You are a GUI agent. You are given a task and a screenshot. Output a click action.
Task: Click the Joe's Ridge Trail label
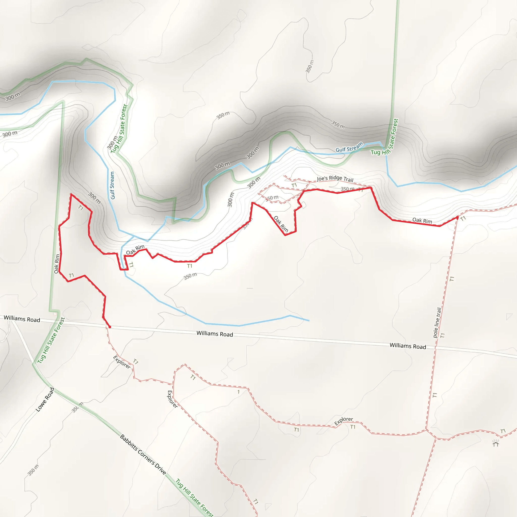tap(335, 178)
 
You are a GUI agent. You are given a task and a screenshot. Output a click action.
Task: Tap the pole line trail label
tap(437, 322)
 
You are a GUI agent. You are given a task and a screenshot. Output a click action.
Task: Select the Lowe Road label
tap(45, 399)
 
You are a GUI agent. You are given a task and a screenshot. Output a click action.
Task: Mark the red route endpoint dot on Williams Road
tap(110, 327)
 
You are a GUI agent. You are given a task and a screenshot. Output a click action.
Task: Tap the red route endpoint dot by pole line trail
tap(457, 218)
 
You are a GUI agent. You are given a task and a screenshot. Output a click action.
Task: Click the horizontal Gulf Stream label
tap(349, 147)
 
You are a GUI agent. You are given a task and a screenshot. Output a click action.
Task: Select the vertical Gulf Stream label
tap(112, 185)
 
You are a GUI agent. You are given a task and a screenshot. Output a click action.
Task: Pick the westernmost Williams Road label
tap(22, 319)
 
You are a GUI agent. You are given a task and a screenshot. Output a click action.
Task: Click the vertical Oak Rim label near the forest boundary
tap(57, 264)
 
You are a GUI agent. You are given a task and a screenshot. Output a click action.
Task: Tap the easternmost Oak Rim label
tap(422, 220)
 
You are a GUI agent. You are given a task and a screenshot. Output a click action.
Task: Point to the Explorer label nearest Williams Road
tap(122, 362)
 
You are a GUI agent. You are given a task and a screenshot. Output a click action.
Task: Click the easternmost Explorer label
tap(344, 421)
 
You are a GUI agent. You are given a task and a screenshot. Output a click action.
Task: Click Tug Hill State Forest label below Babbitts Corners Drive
tap(194, 498)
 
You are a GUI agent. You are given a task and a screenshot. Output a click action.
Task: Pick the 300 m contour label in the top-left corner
tap(13, 96)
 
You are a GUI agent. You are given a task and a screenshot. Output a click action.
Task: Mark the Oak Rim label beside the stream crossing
tap(135, 249)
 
